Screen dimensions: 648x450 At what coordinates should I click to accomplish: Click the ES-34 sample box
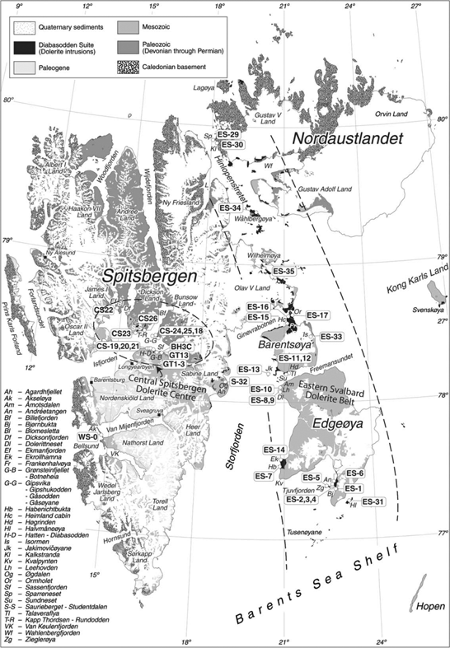(x=231, y=208)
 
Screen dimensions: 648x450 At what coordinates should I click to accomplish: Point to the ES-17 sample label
(x=317, y=315)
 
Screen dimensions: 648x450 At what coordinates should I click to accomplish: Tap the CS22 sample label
(x=104, y=310)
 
